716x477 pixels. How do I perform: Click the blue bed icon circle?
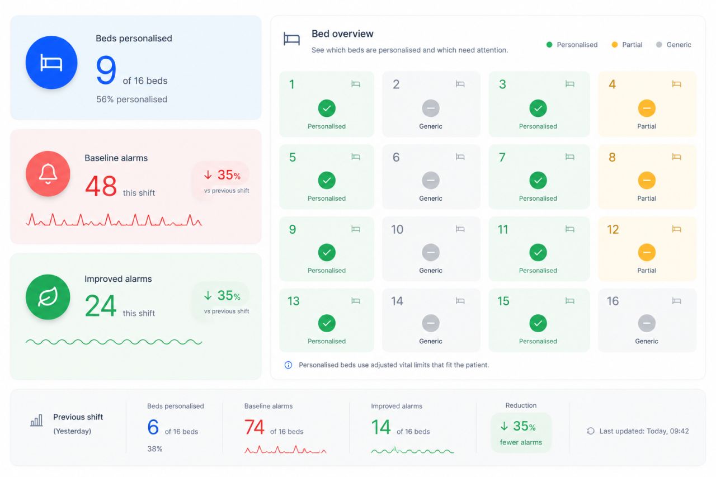tap(51, 62)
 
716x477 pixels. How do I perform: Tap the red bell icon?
tap(48, 173)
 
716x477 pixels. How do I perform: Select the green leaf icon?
tap(48, 297)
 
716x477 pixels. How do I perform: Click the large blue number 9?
tap(106, 70)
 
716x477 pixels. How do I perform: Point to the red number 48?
tap(101, 186)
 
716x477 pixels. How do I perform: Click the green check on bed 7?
tap(538, 181)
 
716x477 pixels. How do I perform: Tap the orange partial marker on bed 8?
tap(647, 181)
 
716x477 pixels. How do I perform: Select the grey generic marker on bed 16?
tap(647, 323)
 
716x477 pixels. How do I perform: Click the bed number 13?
tap(294, 301)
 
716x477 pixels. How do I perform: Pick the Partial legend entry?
tap(626, 45)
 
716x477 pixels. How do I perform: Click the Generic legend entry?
tap(673, 45)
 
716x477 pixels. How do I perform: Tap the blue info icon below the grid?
tap(288, 365)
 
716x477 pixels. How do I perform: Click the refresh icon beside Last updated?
tap(591, 431)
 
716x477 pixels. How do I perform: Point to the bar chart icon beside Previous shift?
tap(36, 420)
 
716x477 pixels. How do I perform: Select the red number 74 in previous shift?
tap(254, 427)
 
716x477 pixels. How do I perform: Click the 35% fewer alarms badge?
tap(521, 433)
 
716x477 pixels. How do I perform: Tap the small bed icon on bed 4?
tap(676, 84)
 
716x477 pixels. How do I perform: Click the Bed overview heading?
tap(342, 34)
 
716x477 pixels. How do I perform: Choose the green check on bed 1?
tap(327, 108)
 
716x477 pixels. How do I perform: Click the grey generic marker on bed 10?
tap(431, 252)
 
